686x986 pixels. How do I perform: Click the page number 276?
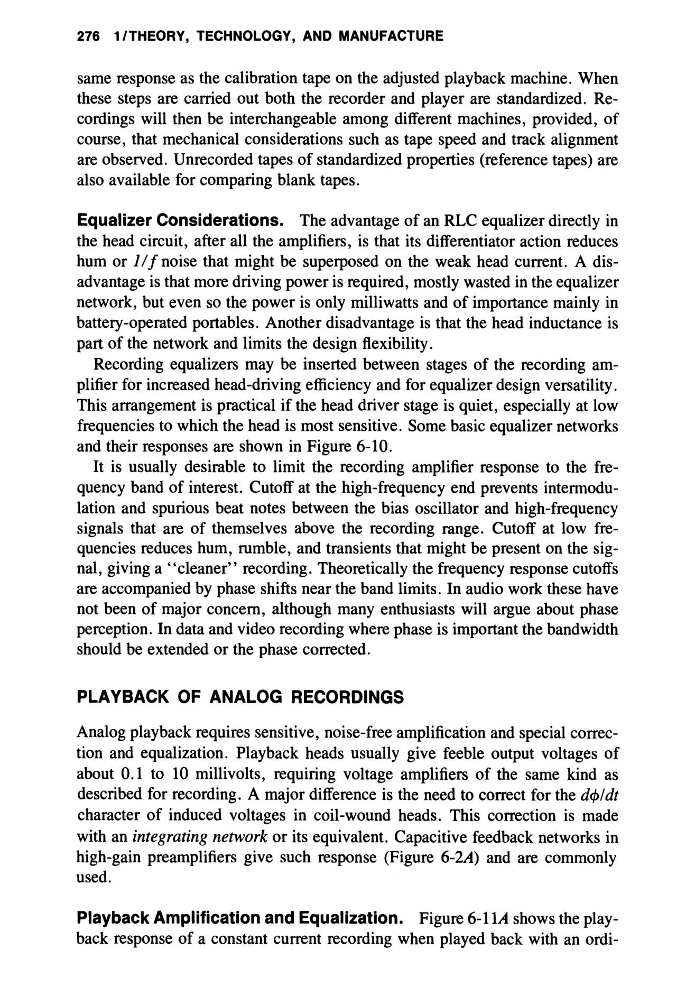click(x=88, y=36)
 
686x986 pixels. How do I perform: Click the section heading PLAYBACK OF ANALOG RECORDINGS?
click(x=240, y=697)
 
